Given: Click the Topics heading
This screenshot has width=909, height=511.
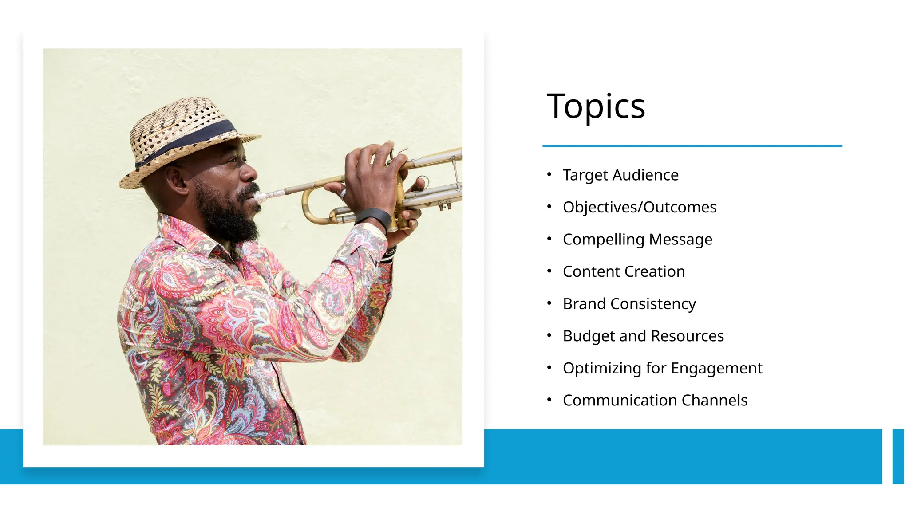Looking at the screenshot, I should click(x=596, y=106).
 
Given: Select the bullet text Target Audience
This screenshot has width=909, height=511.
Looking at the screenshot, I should click(x=620, y=175).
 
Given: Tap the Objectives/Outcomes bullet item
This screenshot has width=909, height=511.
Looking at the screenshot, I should click(x=639, y=207).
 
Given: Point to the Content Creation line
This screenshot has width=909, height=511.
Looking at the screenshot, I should click(x=624, y=271).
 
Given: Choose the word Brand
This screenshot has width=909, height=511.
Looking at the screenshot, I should click(x=584, y=304).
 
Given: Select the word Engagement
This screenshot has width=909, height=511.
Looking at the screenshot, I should click(x=716, y=368).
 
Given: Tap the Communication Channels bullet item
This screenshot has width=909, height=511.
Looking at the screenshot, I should click(x=655, y=400).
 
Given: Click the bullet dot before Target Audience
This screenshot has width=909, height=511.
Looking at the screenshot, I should click(x=549, y=174).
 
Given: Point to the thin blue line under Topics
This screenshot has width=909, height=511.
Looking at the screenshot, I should click(x=692, y=145).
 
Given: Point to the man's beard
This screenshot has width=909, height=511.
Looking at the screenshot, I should click(x=226, y=217).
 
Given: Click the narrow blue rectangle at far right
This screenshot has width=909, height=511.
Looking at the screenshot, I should click(x=898, y=456).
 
